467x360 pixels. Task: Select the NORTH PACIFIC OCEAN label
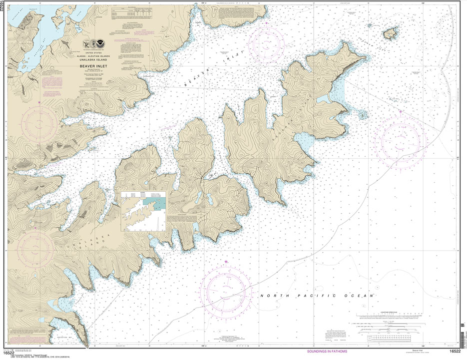point(317,296)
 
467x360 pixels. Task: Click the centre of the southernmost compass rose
point(225,289)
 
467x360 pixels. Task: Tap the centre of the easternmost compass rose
point(400,140)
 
